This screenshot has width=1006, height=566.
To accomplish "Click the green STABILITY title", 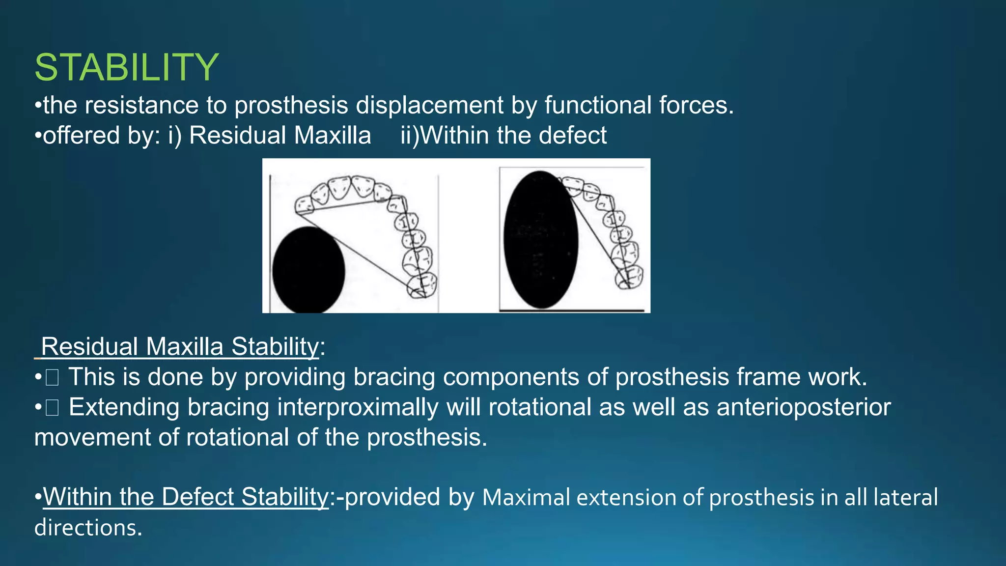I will click(127, 67).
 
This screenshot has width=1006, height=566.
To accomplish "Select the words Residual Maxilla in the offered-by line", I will click(280, 135).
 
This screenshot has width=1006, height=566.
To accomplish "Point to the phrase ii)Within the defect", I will click(503, 135).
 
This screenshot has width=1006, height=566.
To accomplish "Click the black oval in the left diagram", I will click(308, 270).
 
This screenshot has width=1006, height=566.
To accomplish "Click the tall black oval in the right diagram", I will click(540, 239).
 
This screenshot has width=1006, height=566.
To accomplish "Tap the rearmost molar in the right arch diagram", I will click(629, 277).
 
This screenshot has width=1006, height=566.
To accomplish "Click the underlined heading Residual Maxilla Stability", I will click(180, 346).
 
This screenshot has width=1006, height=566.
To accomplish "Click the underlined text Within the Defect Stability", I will click(186, 497).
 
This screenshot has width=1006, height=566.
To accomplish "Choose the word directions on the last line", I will click(88, 528).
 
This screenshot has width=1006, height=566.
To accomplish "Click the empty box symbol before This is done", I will click(52, 378).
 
